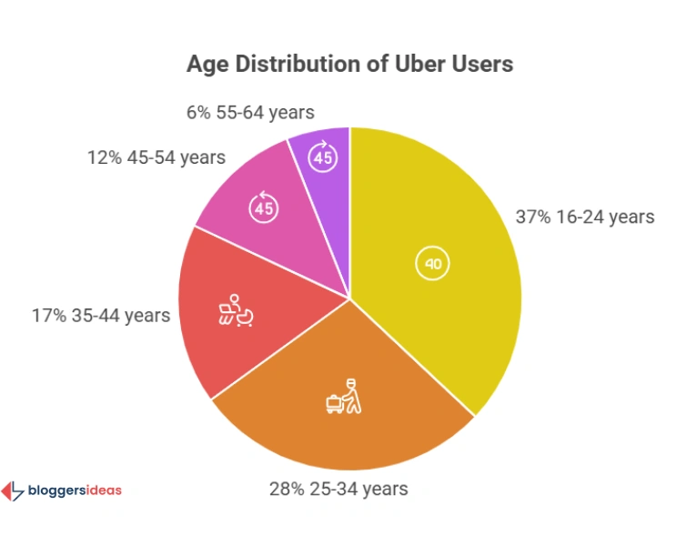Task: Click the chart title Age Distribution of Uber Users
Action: pos(349,64)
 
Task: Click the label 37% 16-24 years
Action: pos(585,217)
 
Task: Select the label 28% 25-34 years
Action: pos(338,489)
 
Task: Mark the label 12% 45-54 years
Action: pos(157,157)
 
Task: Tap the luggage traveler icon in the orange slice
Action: pos(342,397)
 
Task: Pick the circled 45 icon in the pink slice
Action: pos(264,207)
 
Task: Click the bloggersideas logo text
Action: pos(76,490)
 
